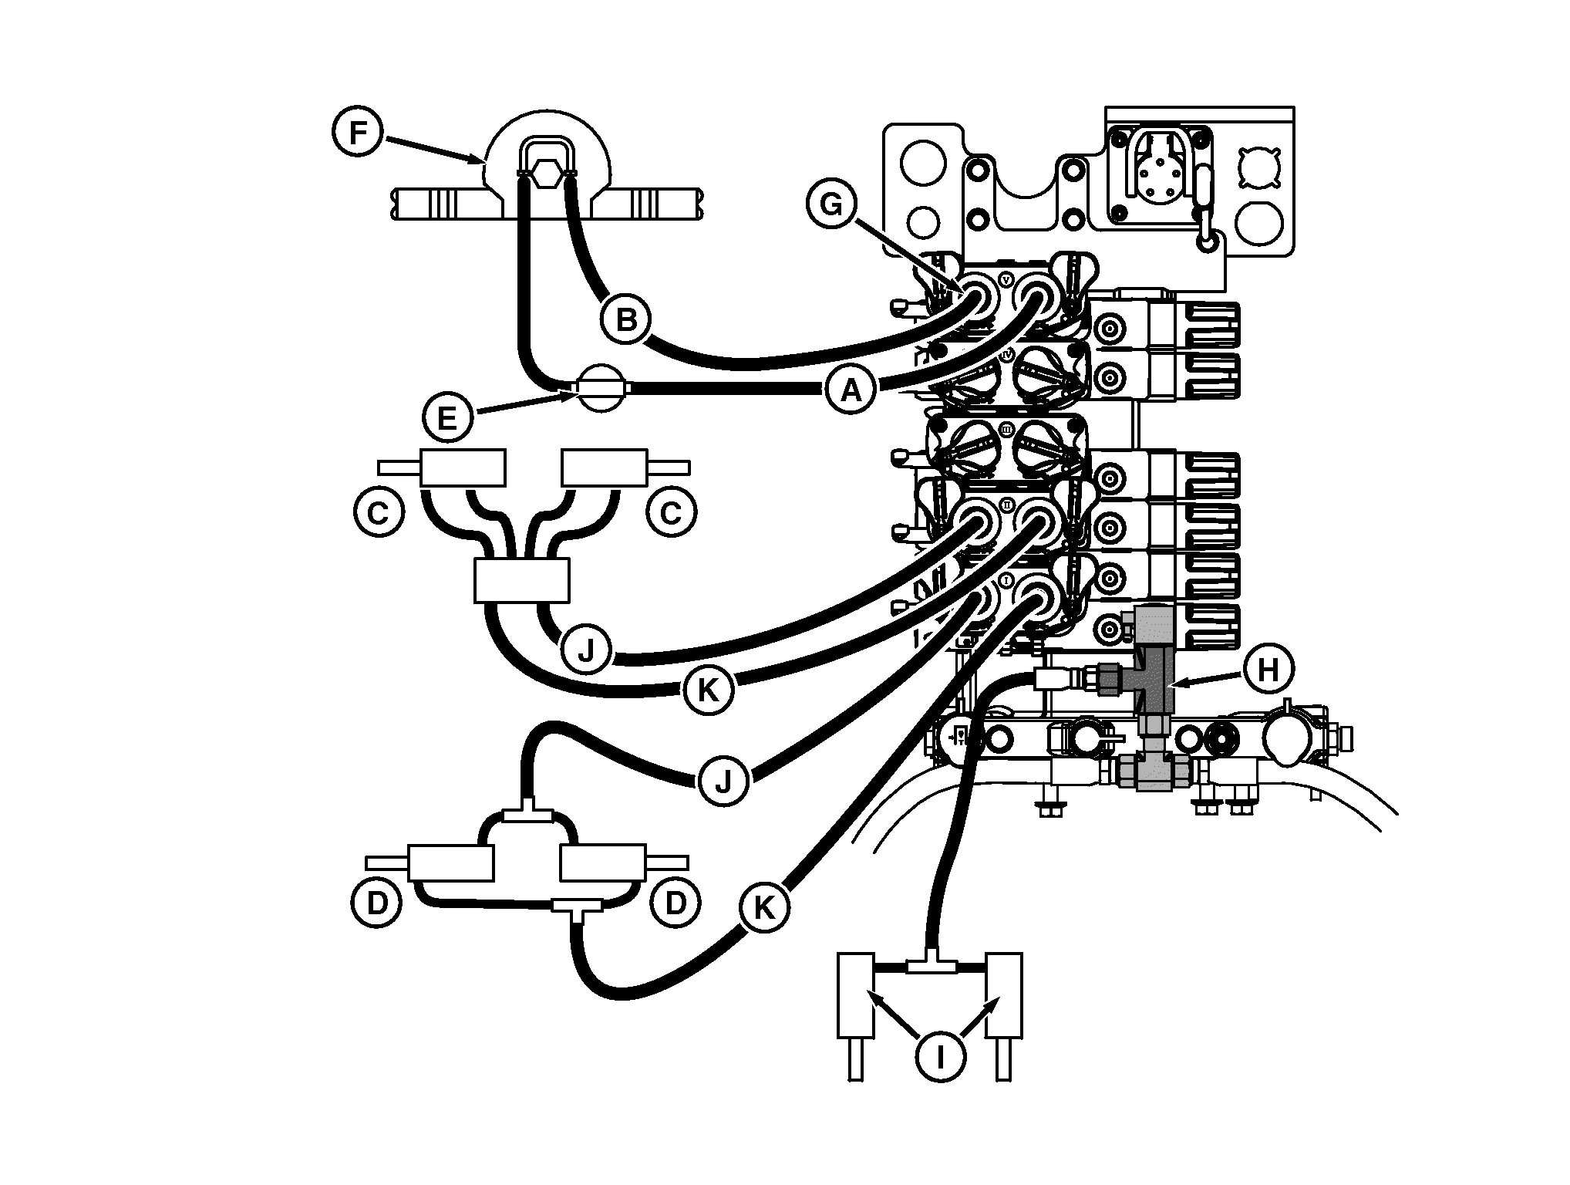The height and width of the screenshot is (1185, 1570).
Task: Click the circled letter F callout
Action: [x=357, y=133]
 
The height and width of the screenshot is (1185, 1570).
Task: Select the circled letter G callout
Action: [x=831, y=205]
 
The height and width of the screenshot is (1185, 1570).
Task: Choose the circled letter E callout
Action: [x=446, y=418]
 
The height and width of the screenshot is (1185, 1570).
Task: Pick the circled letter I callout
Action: [x=940, y=1057]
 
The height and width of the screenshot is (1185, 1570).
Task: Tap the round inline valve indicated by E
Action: [x=601, y=388]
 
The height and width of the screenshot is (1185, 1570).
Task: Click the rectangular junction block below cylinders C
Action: [x=522, y=580]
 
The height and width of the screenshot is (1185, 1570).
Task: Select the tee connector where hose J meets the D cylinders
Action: [x=527, y=815]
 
